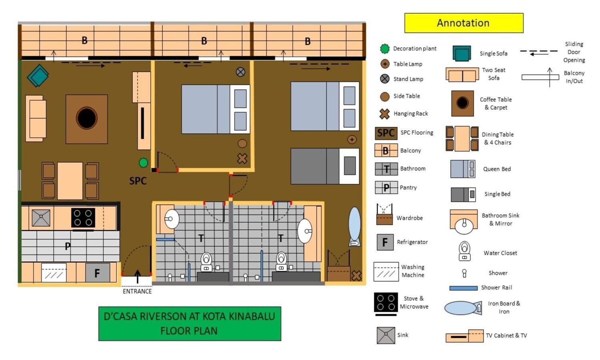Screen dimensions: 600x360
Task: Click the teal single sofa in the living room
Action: tap(38, 76)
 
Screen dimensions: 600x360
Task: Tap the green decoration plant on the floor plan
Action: tap(143, 162)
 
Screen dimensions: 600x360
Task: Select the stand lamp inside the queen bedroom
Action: tap(240, 72)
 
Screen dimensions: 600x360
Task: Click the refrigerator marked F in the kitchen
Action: tap(98, 273)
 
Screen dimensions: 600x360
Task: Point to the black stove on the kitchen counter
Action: tap(83, 218)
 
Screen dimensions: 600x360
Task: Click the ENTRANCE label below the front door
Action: tap(137, 291)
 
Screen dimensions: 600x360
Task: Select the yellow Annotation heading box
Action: tap(464, 23)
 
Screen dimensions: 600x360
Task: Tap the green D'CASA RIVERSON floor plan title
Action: tap(190, 324)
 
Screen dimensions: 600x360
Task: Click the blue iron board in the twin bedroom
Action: tap(354, 226)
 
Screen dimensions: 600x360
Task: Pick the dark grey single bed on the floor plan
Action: tap(325, 166)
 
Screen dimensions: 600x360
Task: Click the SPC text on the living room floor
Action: tap(138, 181)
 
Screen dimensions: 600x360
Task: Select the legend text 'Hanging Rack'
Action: tap(411, 114)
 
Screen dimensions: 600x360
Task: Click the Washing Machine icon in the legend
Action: tap(386, 272)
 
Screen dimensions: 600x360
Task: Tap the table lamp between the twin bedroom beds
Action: tap(352, 140)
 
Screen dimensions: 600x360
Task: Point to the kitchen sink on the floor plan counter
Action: tap(41, 218)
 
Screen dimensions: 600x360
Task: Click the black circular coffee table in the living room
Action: tap(86, 118)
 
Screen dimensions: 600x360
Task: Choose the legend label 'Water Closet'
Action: tap(500, 253)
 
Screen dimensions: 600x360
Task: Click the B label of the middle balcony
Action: tap(204, 41)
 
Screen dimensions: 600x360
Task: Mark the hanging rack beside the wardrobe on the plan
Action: tap(356, 276)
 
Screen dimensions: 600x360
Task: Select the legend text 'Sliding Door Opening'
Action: tap(574, 52)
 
